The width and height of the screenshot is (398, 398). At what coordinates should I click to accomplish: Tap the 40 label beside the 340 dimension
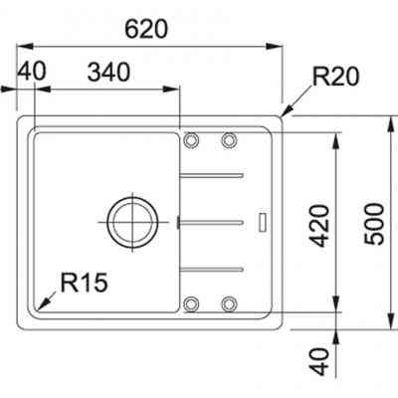coord(32,72)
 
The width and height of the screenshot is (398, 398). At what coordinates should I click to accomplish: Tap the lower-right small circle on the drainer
coord(229,302)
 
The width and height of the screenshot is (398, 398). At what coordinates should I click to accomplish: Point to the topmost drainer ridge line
coord(211,176)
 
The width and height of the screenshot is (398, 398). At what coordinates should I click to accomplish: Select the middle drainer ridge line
coord(211,219)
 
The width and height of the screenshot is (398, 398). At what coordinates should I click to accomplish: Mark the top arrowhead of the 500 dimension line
coord(387,121)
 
